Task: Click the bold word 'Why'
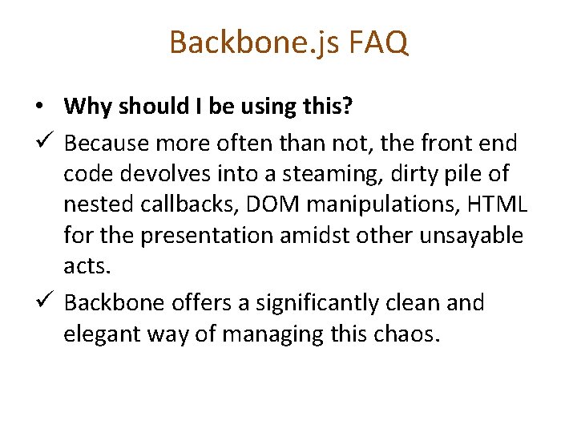(85, 106)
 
